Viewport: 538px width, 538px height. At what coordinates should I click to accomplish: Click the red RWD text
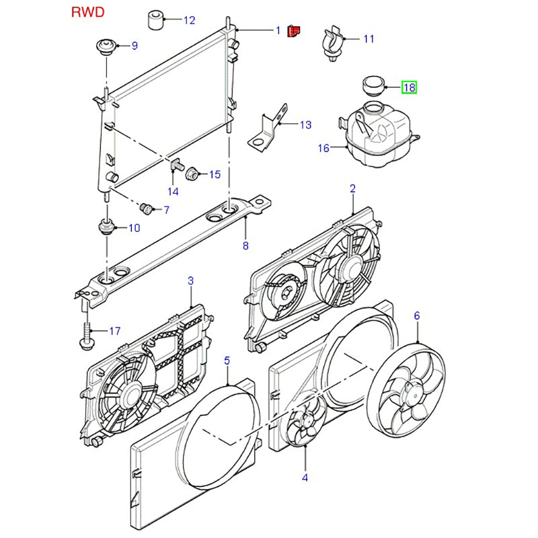click(87, 12)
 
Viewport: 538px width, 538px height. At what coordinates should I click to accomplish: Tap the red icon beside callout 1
click(293, 31)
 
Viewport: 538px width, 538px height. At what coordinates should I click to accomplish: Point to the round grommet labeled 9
click(105, 47)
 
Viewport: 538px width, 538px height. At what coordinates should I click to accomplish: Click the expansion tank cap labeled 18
click(372, 85)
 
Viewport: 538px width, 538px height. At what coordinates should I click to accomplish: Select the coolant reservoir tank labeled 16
click(377, 134)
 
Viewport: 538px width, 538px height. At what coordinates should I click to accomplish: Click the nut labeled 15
click(191, 174)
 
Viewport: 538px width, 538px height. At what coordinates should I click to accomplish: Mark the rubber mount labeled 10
click(106, 227)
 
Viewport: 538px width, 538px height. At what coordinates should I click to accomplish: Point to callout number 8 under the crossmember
click(245, 246)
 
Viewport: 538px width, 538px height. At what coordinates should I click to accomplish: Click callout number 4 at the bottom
click(305, 477)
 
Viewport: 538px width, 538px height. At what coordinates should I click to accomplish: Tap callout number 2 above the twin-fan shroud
click(352, 188)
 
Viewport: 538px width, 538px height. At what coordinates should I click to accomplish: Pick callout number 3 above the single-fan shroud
click(190, 280)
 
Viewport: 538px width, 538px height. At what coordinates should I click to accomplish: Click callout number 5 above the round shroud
click(227, 360)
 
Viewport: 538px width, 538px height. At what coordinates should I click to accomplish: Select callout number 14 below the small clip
click(173, 191)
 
